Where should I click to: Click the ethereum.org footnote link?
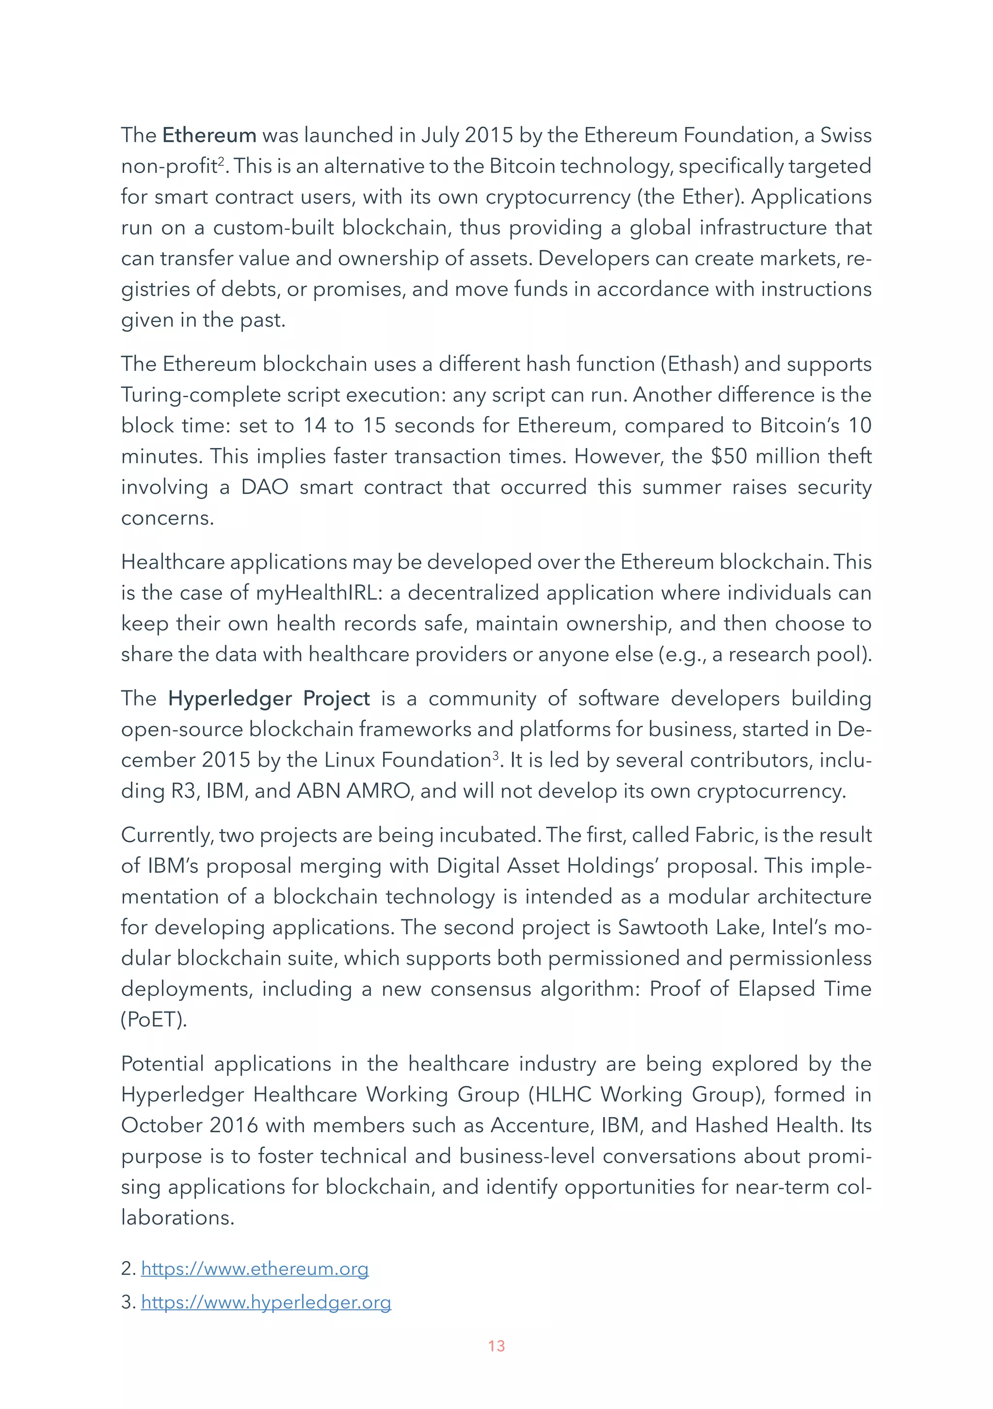coord(254,1268)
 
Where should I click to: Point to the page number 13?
coord(496,1346)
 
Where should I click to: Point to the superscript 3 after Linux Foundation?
coord(495,755)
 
